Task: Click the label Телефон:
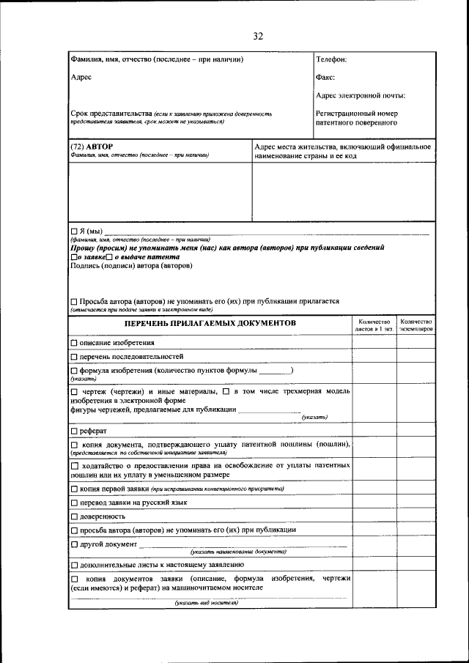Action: [x=331, y=59]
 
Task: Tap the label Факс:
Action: [x=325, y=77]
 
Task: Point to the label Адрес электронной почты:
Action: [x=361, y=95]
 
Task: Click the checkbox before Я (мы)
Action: [x=73, y=232]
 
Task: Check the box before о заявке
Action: [x=73, y=257]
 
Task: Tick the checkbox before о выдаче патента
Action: [x=108, y=257]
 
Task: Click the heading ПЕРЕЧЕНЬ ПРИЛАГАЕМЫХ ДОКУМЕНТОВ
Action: [x=210, y=323]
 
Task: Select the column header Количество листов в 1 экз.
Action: [x=374, y=325]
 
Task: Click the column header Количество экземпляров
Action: [x=416, y=325]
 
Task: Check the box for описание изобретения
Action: [x=73, y=343]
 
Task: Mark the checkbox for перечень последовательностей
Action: [x=73, y=356]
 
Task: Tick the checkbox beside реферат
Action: [x=73, y=431]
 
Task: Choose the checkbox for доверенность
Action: [x=73, y=516]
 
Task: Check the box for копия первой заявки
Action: [x=73, y=489]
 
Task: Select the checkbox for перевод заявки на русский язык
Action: [x=73, y=503]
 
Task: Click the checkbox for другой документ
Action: [x=73, y=544]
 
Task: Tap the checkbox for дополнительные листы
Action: [x=73, y=565]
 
